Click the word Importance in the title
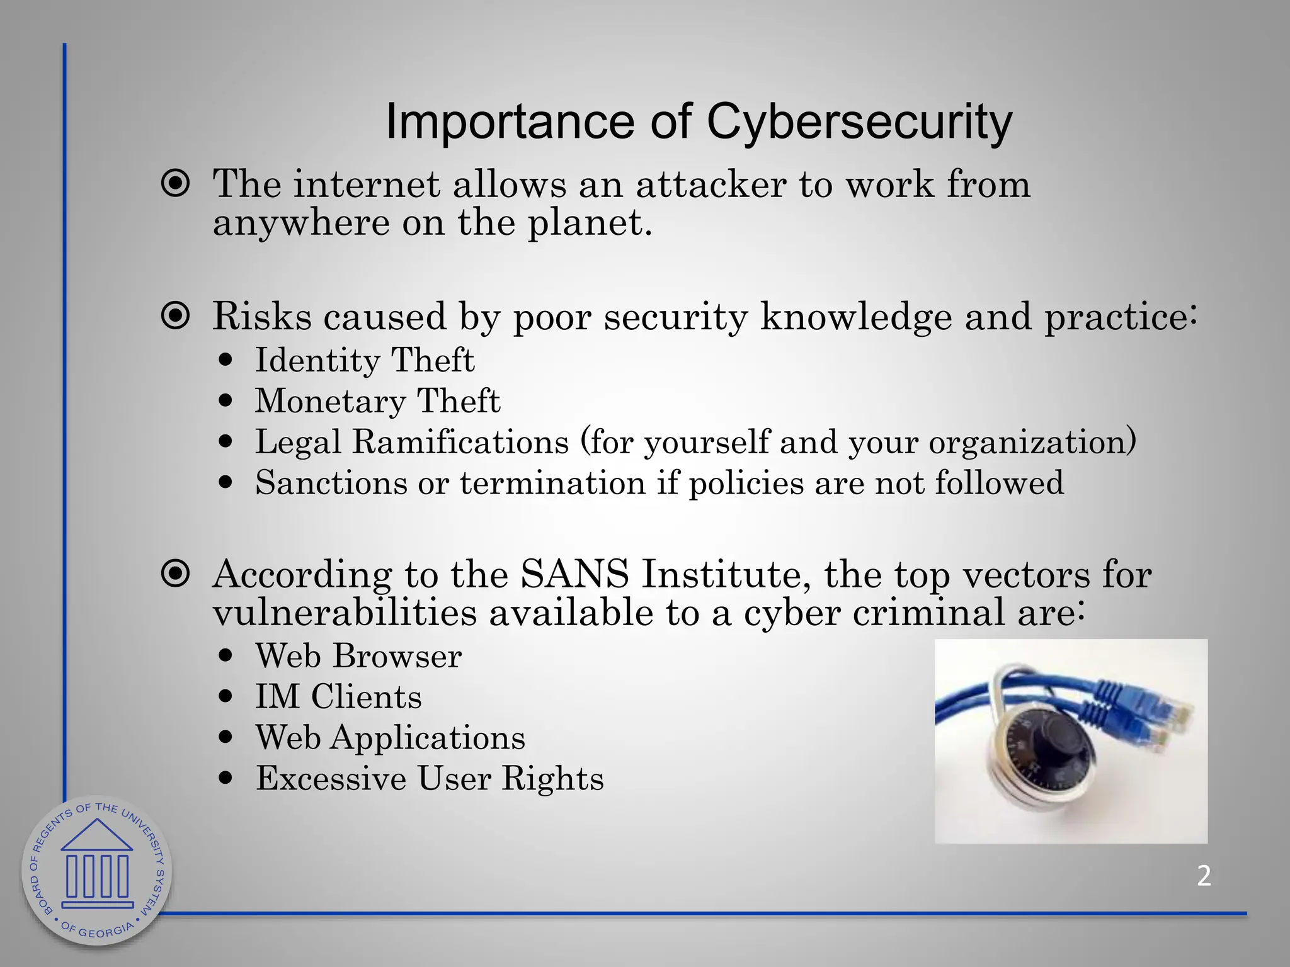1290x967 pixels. [x=509, y=122]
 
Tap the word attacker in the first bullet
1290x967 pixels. [x=711, y=184]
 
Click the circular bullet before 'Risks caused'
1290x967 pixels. [x=176, y=316]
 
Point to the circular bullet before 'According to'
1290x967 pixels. [x=176, y=574]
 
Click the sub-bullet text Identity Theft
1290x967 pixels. [x=364, y=361]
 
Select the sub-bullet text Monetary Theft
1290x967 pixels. [x=377, y=402]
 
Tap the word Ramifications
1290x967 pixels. [x=460, y=441]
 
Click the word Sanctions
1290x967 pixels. [x=331, y=483]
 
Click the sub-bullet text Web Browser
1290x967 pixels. [x=358, y=656]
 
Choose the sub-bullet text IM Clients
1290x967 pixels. [x=338, y=697]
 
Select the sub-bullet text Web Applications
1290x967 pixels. [x=390, y=738]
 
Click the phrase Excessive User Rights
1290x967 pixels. [x=430, y=779]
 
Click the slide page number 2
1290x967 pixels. [x=1204, y=876]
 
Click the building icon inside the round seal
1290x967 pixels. [x=97, y=862]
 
